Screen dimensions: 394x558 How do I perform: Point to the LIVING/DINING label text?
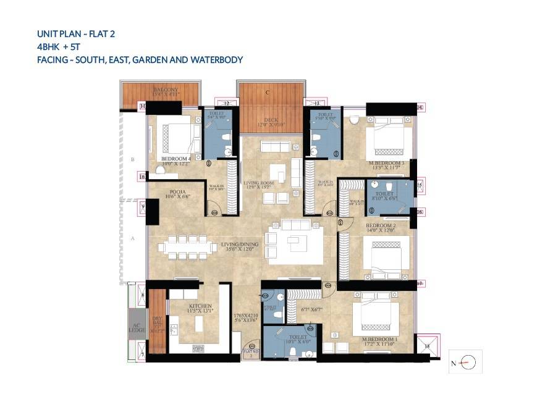(x=240, y=245)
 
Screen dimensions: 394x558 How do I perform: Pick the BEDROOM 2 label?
(x=380, y=226)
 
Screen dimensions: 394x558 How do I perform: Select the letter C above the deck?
(x=268, y=93)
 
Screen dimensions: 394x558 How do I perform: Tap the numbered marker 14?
(x=420, y=107)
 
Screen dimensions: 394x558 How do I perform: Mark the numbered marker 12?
(x=227, y=103)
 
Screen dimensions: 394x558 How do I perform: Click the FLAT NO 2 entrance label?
(x=251, y=353)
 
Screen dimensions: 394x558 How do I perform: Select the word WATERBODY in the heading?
(x=218, y=60)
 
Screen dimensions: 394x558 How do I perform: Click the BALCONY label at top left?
(x=166, y=90)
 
